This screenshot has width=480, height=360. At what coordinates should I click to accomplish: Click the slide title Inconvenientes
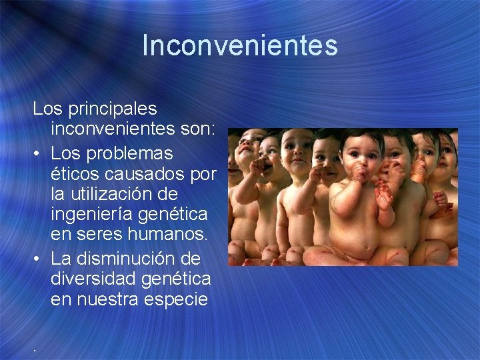[x=240, y=46]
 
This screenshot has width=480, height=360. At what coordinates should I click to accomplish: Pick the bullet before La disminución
[x=39, y=258]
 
